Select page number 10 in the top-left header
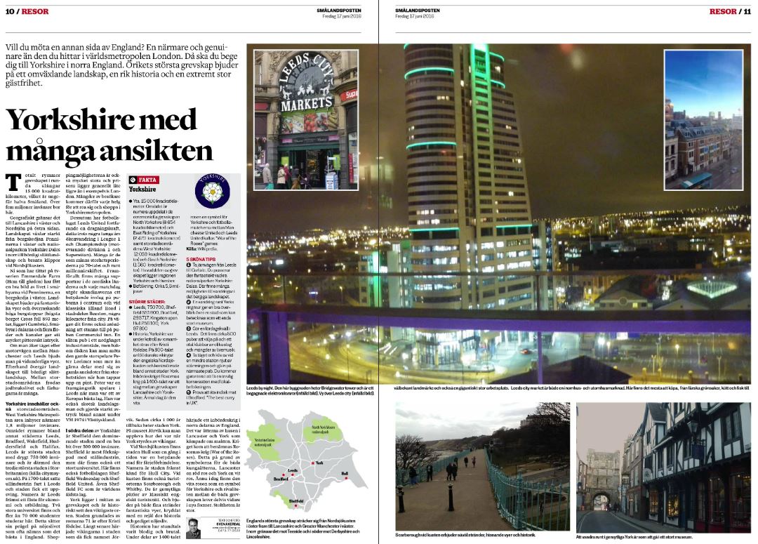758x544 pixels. tap(11, 11)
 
